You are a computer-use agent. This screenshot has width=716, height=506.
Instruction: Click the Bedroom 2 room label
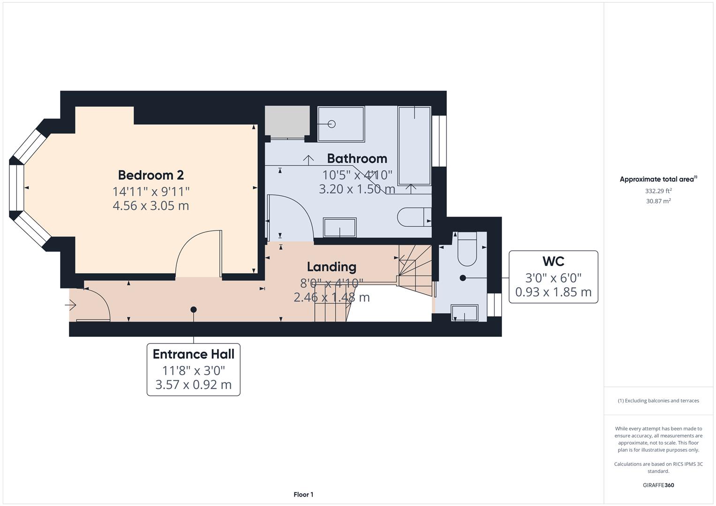pos(151,175)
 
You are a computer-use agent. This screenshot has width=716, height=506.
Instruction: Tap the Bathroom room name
pos(357,158)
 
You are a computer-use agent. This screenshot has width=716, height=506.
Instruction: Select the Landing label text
pos(332,267)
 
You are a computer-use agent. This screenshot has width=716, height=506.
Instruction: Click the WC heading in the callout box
pos(553,261)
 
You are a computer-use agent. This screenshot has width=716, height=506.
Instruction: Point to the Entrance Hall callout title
pos(193,354)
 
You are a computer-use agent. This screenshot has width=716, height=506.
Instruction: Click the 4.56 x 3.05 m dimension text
pos(151,206)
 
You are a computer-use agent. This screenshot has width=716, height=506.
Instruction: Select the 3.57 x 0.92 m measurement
pos(193,385)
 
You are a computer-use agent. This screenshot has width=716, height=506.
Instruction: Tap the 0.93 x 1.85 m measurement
pos(553,292)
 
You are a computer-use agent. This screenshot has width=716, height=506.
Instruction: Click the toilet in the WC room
pos(467,249)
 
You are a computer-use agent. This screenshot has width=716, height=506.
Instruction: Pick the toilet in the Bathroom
pos(413,217)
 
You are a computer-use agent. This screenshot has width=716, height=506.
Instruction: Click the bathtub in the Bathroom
pos(414,145)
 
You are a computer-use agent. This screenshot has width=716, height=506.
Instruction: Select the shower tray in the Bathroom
pos(341,124)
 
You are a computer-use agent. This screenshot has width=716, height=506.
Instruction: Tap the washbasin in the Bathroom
pos(339,227)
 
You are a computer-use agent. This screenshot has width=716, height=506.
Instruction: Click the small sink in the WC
pos(464,313)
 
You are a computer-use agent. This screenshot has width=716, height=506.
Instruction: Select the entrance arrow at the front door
pos(71,305)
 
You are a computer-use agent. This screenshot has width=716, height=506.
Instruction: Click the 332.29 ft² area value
pos(658,191)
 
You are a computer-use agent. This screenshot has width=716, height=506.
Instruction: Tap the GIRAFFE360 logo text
pos(658,485)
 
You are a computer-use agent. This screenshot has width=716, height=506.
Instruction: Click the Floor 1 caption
pos(303,494)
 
